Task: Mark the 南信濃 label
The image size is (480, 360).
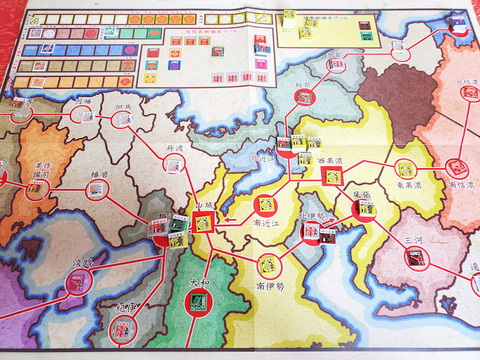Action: point(460,186)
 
